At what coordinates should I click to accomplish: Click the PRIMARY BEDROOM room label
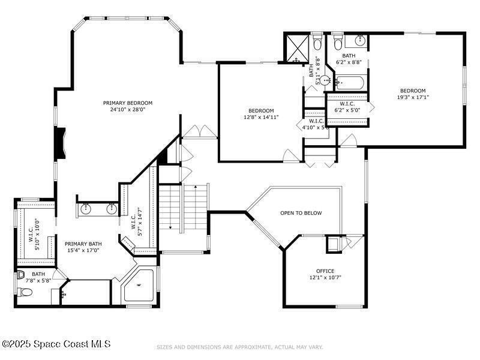coord(127,103)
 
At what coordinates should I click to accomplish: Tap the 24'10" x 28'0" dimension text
coord(127,109)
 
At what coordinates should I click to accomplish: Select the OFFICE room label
coord(325,271)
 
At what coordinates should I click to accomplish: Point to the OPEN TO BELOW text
coord(301,213)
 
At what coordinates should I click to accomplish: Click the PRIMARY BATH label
coord(83,244)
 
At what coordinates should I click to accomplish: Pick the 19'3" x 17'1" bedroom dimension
coord(413,97)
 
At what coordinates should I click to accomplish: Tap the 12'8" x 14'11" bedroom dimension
coord(261,117)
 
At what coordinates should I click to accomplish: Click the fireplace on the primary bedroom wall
coord(60,143)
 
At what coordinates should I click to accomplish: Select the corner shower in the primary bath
coord(139,286)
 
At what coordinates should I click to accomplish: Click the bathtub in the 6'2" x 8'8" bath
coord(350,83)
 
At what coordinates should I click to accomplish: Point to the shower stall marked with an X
coord(297,48)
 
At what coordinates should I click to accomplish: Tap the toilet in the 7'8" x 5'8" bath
coord(25,292)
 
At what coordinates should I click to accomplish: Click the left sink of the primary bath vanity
coord(86,209)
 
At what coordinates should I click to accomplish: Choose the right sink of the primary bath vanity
coord(112,209)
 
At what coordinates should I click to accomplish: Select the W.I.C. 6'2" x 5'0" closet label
coord(347,107)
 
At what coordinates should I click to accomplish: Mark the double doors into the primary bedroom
coord(200,131)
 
